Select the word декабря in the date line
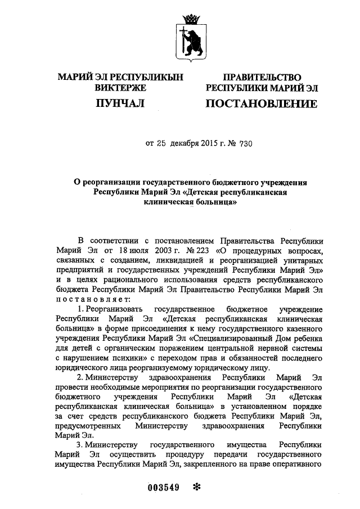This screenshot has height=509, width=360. pyautogui.click(x=192, y=143)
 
